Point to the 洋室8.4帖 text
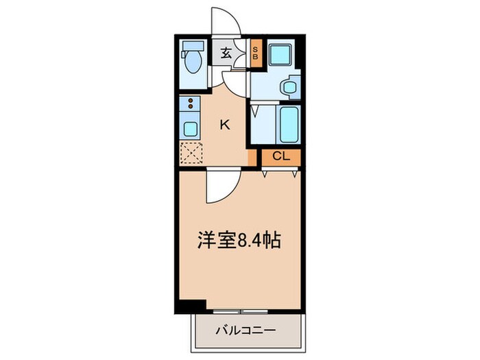pyautogui.click(x=240, y=241)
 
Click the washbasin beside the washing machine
pyautogui.click(x=289, y=88)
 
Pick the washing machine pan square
pyautogui.click(x=279, y=56)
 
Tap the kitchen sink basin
pyautogui.click(x=189, y=128)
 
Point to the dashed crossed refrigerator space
pyautogui.click(x=190, y=154)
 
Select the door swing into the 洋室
pyautogui.click(x=219, y=187)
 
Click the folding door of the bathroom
pyautogui.click(x=256, y=110)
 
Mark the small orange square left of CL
pyautogui.click(x=252, y=157)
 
